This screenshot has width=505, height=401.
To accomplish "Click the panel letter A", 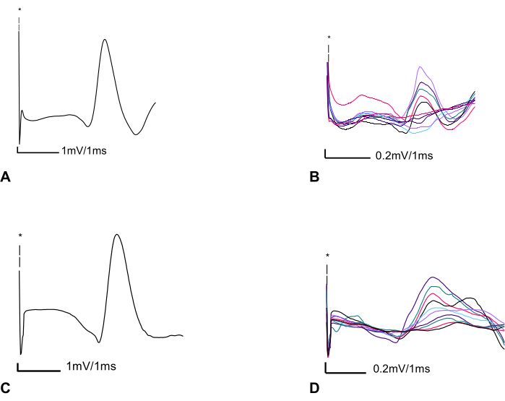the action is (5, 177).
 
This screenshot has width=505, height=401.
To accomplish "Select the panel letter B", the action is (314, 177).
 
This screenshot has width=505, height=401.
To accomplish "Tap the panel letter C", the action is (6, 388).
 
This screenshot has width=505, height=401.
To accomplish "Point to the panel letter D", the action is (315, 388).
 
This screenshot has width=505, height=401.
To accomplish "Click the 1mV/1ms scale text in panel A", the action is (84, 150).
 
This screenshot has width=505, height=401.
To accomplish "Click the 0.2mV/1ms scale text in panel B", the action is (404, 156).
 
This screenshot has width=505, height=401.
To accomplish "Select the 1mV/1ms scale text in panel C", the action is (91, 366).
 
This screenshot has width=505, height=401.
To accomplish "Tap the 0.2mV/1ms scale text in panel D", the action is (402, 368).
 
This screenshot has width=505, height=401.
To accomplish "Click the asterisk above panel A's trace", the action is (20, 10).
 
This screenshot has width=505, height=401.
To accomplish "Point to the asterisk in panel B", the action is (329, 38).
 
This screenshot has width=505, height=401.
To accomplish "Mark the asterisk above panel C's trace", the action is (20, 236).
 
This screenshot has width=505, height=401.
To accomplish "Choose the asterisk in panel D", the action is (327, 256).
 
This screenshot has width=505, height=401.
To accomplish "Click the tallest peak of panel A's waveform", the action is (104, 40).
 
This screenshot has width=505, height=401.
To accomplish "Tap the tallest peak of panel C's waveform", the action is (116, 235).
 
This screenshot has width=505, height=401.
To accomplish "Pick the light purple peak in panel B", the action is (420, 67).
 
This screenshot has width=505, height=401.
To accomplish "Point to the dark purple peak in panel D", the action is (433, 277).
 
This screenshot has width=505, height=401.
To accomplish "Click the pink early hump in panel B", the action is (363, 95).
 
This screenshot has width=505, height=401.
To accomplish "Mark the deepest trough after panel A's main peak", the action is (136, 134).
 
